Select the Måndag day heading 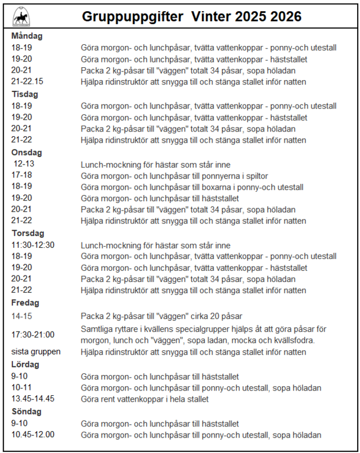coord(27,36)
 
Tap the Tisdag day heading coord(24,94)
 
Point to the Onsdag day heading coord(27,152)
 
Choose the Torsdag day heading coord(27,233)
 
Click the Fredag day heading coord(25,303)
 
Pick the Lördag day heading coord(25,365)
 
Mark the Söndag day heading coord(27,411)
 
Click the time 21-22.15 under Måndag coord(27,82)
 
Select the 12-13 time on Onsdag coord(25,165)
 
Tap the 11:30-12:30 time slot coord(33,245)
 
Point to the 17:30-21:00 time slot coord(33,334)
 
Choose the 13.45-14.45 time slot coord(33,399)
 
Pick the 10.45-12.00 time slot coord(32,435)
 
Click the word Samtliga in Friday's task coord(96,329)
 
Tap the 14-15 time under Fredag coord(21,316)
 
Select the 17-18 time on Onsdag coord(22,176)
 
